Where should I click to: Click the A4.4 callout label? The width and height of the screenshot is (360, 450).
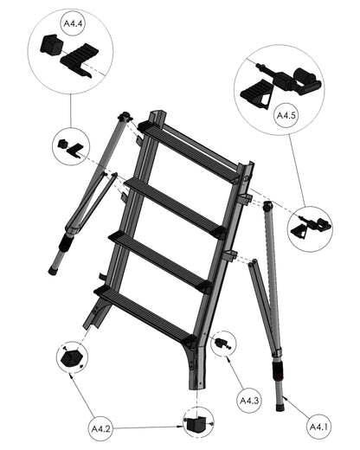(x=73, y=23)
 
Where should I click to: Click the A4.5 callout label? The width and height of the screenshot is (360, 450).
(x=286, y=116)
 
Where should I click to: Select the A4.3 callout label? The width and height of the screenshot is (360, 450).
(x=249, y=401)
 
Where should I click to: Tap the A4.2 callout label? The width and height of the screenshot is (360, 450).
(x=100, y=428)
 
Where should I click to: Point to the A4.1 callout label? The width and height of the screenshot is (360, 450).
(x=318, y=427)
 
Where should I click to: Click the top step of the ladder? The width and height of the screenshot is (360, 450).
(x=189, y=151)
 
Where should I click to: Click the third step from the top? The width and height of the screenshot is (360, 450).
(x=159, y=261)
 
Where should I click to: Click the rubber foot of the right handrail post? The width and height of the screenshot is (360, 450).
(x=280, y=408)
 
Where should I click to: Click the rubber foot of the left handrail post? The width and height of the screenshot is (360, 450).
(x=53, y=271)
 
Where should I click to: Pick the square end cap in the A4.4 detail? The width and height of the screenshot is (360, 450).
(x=52, y=44)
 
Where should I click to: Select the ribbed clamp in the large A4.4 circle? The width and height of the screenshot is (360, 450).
(x=80, y=61)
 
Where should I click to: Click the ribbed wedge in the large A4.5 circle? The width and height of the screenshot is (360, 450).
(x=256, y=93)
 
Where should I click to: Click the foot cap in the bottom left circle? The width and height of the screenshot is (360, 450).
(x=72, y=358)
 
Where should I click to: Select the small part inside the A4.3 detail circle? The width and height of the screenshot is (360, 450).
(x=222, y=344)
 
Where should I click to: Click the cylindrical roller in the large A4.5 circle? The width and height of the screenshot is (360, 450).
(x=307, y=80)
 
